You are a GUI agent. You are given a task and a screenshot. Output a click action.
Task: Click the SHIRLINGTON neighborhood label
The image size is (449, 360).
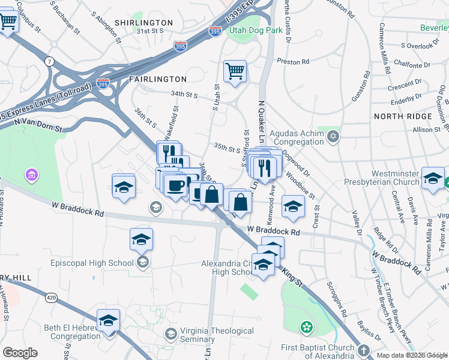(x=146, y=23)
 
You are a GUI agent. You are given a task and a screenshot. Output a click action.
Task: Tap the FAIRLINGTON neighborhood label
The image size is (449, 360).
(x=157, y=79)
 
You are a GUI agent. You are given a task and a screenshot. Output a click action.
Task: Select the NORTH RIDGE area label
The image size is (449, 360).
(x=402, y=116)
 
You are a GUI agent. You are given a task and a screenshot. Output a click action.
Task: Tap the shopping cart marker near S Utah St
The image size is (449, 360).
(x=235, y=71)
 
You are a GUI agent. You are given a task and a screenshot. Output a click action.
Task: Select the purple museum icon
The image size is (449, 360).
(x=31, y=175)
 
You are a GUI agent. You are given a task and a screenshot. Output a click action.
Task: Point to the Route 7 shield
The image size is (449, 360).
(x=48, y=61)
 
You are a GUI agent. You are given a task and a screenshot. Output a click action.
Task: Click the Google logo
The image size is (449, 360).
(x=20, y=353)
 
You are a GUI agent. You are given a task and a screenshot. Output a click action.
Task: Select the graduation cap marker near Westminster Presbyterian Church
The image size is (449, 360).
(x=433, y=179)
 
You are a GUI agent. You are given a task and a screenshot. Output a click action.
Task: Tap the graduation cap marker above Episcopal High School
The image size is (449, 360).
(x=141, y=239)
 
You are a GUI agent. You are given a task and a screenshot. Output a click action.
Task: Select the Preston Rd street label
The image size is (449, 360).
(x=292, y=61)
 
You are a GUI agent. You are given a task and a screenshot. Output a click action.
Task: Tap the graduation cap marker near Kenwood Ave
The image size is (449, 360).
(x=293, y=206)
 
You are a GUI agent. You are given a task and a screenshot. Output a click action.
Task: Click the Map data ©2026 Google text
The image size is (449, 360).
(x=411, y=355)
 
